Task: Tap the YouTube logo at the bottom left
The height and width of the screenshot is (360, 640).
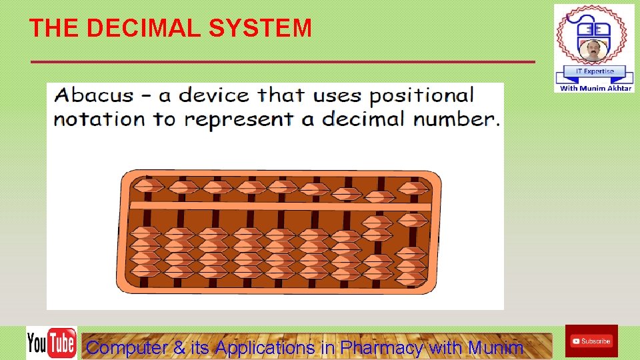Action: pos(51,343)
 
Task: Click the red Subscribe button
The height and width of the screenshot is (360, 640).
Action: pos(591,341)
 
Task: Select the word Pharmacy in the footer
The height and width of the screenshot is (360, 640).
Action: pos(381,347)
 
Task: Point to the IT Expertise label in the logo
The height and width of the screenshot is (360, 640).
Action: pos(594,71)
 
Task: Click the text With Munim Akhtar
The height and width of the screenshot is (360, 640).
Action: pos(595,88)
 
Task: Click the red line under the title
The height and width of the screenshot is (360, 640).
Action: pos(283,62)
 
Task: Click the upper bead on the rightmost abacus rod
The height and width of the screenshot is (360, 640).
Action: pos(413,189)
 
